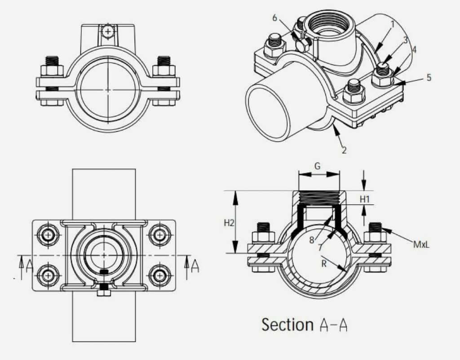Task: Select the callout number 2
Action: (344, 150)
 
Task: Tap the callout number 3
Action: (405, 40)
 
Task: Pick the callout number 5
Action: (429, 78)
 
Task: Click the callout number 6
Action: (275, 18)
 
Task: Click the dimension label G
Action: (317, 166)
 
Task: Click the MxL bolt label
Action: (422, 245)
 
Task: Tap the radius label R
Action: (324, 264)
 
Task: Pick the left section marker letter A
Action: (29, 265)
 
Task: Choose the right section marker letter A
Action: (195, 265)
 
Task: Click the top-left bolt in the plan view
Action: (48, 234)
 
